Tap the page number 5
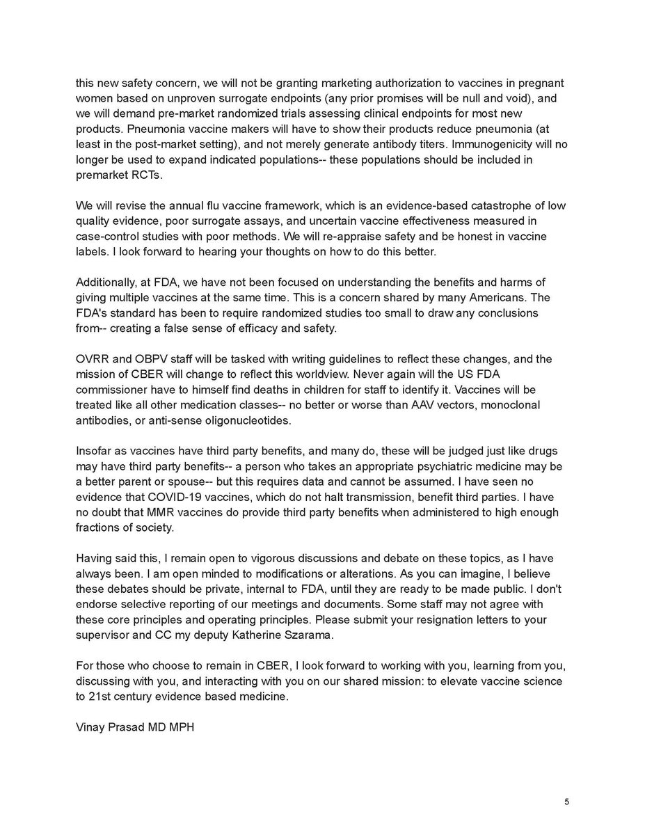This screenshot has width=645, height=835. coord(566,802)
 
